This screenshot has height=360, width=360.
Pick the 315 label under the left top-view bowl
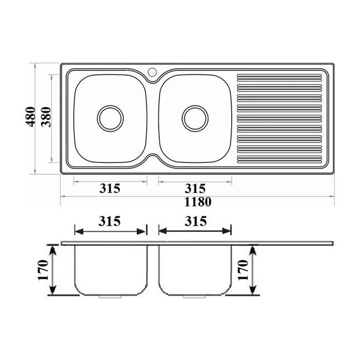pos(110,188)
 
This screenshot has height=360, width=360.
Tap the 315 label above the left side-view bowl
pos(110,220)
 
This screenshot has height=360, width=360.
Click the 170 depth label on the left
pos(42,270)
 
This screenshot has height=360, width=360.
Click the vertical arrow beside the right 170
pos(253,270)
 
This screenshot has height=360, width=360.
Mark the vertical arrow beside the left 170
pos(54,270)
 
